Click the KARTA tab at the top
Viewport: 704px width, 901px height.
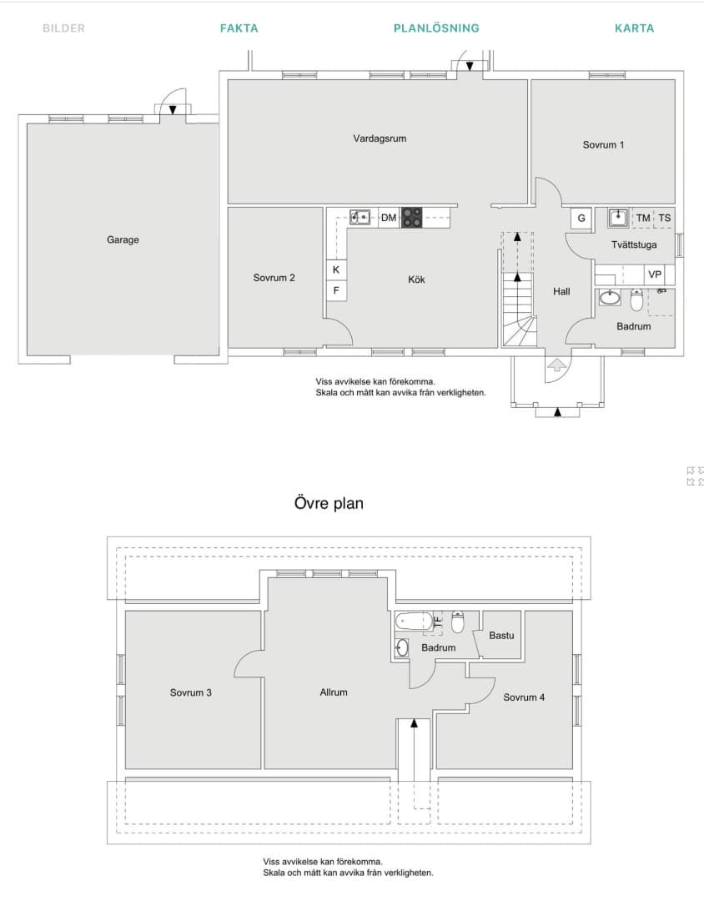point(634,28)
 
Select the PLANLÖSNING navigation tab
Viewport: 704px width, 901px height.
point(436,28)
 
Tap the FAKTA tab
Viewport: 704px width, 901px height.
point(239,28)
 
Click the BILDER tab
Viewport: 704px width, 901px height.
point(63,28)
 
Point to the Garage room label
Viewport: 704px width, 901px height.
point(123,239)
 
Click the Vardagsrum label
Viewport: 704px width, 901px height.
point(380,138)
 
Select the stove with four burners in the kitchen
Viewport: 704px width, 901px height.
point(411,217)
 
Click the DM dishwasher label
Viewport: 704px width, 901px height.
point(389,218)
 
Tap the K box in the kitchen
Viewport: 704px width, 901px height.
point(336,269)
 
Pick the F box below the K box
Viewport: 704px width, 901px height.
point(336,290)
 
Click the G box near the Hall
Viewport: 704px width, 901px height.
point(581,219)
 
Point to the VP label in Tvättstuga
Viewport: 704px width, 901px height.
point(655,274)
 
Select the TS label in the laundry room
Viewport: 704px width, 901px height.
point(665,218)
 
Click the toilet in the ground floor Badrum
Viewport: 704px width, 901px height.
point(636,299)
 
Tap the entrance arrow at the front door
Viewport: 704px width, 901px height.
point(557,365)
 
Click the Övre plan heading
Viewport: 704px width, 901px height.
point(329,503)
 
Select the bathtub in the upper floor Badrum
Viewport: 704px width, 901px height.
point(413,622)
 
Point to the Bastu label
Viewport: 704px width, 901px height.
point(501,636)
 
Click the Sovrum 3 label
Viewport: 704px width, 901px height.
point(191,692)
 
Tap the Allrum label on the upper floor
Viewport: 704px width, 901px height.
point(334,692)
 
